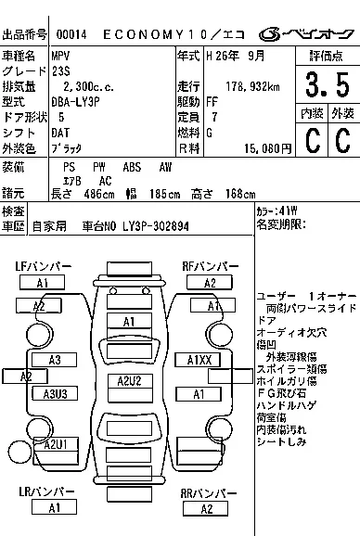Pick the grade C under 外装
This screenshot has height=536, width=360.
tap(342, 139)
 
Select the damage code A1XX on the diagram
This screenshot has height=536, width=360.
tap(200, 359)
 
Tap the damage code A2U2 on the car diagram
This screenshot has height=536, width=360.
tap(129, 381)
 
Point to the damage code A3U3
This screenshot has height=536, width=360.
tap(55, 394)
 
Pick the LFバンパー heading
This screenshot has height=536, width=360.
tap(43, 267)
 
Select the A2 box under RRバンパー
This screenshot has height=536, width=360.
tap(208, 508)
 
